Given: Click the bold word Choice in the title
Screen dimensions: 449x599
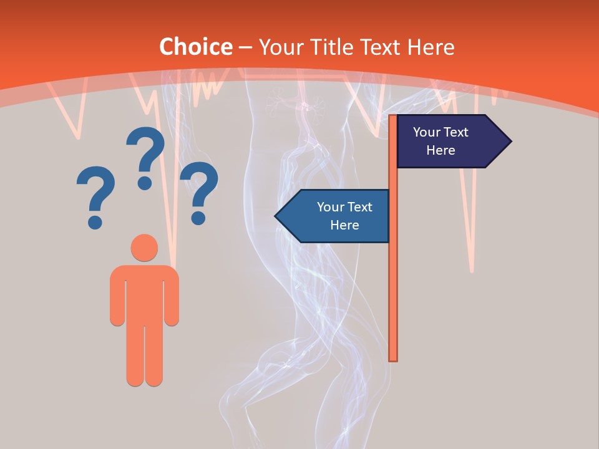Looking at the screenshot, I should click(195, 47).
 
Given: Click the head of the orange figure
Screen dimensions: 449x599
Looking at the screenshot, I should click(144, 247).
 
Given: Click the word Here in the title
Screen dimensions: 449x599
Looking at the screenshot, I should click(432, 47).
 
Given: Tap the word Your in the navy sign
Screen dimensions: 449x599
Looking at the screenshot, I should click(427, 132).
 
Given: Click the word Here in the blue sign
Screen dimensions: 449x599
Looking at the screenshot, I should click(344, 225).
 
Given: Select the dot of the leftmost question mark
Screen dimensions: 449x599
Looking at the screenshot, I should click(95, 221).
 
